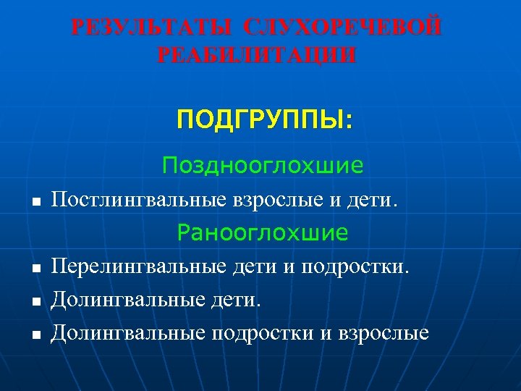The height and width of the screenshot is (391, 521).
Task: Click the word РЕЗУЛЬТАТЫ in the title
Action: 153,28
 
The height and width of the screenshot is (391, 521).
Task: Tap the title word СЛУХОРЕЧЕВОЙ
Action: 342,28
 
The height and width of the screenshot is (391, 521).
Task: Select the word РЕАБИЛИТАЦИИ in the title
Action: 256,56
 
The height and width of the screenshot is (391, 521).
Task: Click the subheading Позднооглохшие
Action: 263,166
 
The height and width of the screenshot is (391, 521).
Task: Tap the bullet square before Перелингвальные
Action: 35,269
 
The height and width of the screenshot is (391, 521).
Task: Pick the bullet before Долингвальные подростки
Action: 35,335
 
